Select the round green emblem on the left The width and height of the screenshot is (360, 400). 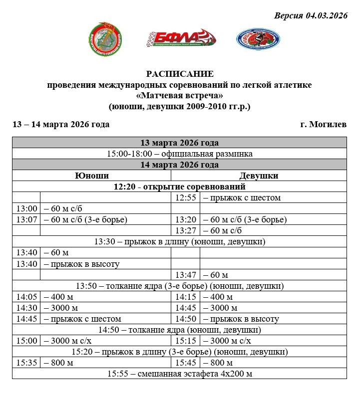[106, 39]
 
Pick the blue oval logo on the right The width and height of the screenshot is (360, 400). [258, 38]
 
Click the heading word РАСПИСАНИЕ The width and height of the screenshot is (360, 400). [180, 74]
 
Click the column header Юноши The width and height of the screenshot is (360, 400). [92, 176]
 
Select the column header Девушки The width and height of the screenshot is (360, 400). [259, 176]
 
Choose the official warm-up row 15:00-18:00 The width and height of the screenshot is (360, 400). [180, 154]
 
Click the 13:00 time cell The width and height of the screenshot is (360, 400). [26, 208]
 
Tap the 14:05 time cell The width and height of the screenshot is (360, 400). [26, 297]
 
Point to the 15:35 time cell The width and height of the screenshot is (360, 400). [26, 363]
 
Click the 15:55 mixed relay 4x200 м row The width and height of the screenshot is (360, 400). [180, 374]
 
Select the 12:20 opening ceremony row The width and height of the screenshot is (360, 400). [180, 187]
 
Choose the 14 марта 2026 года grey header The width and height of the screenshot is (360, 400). [180, 165]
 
